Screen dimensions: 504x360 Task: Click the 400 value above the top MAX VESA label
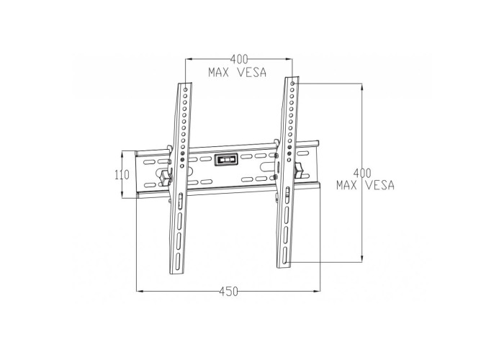pos(239,59)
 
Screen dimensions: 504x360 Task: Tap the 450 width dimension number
pos(229,292)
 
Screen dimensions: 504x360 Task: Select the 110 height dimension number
pos(122,175)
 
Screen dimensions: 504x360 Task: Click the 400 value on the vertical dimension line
pos(362,174)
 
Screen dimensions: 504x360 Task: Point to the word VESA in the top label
pos(252,73)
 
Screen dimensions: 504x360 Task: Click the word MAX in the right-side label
pos(346,185)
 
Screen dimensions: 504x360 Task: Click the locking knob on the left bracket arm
pos(165,178)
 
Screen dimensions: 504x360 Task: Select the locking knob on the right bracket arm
pos(299,171)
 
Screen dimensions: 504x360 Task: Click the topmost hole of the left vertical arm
pos(186,89)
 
